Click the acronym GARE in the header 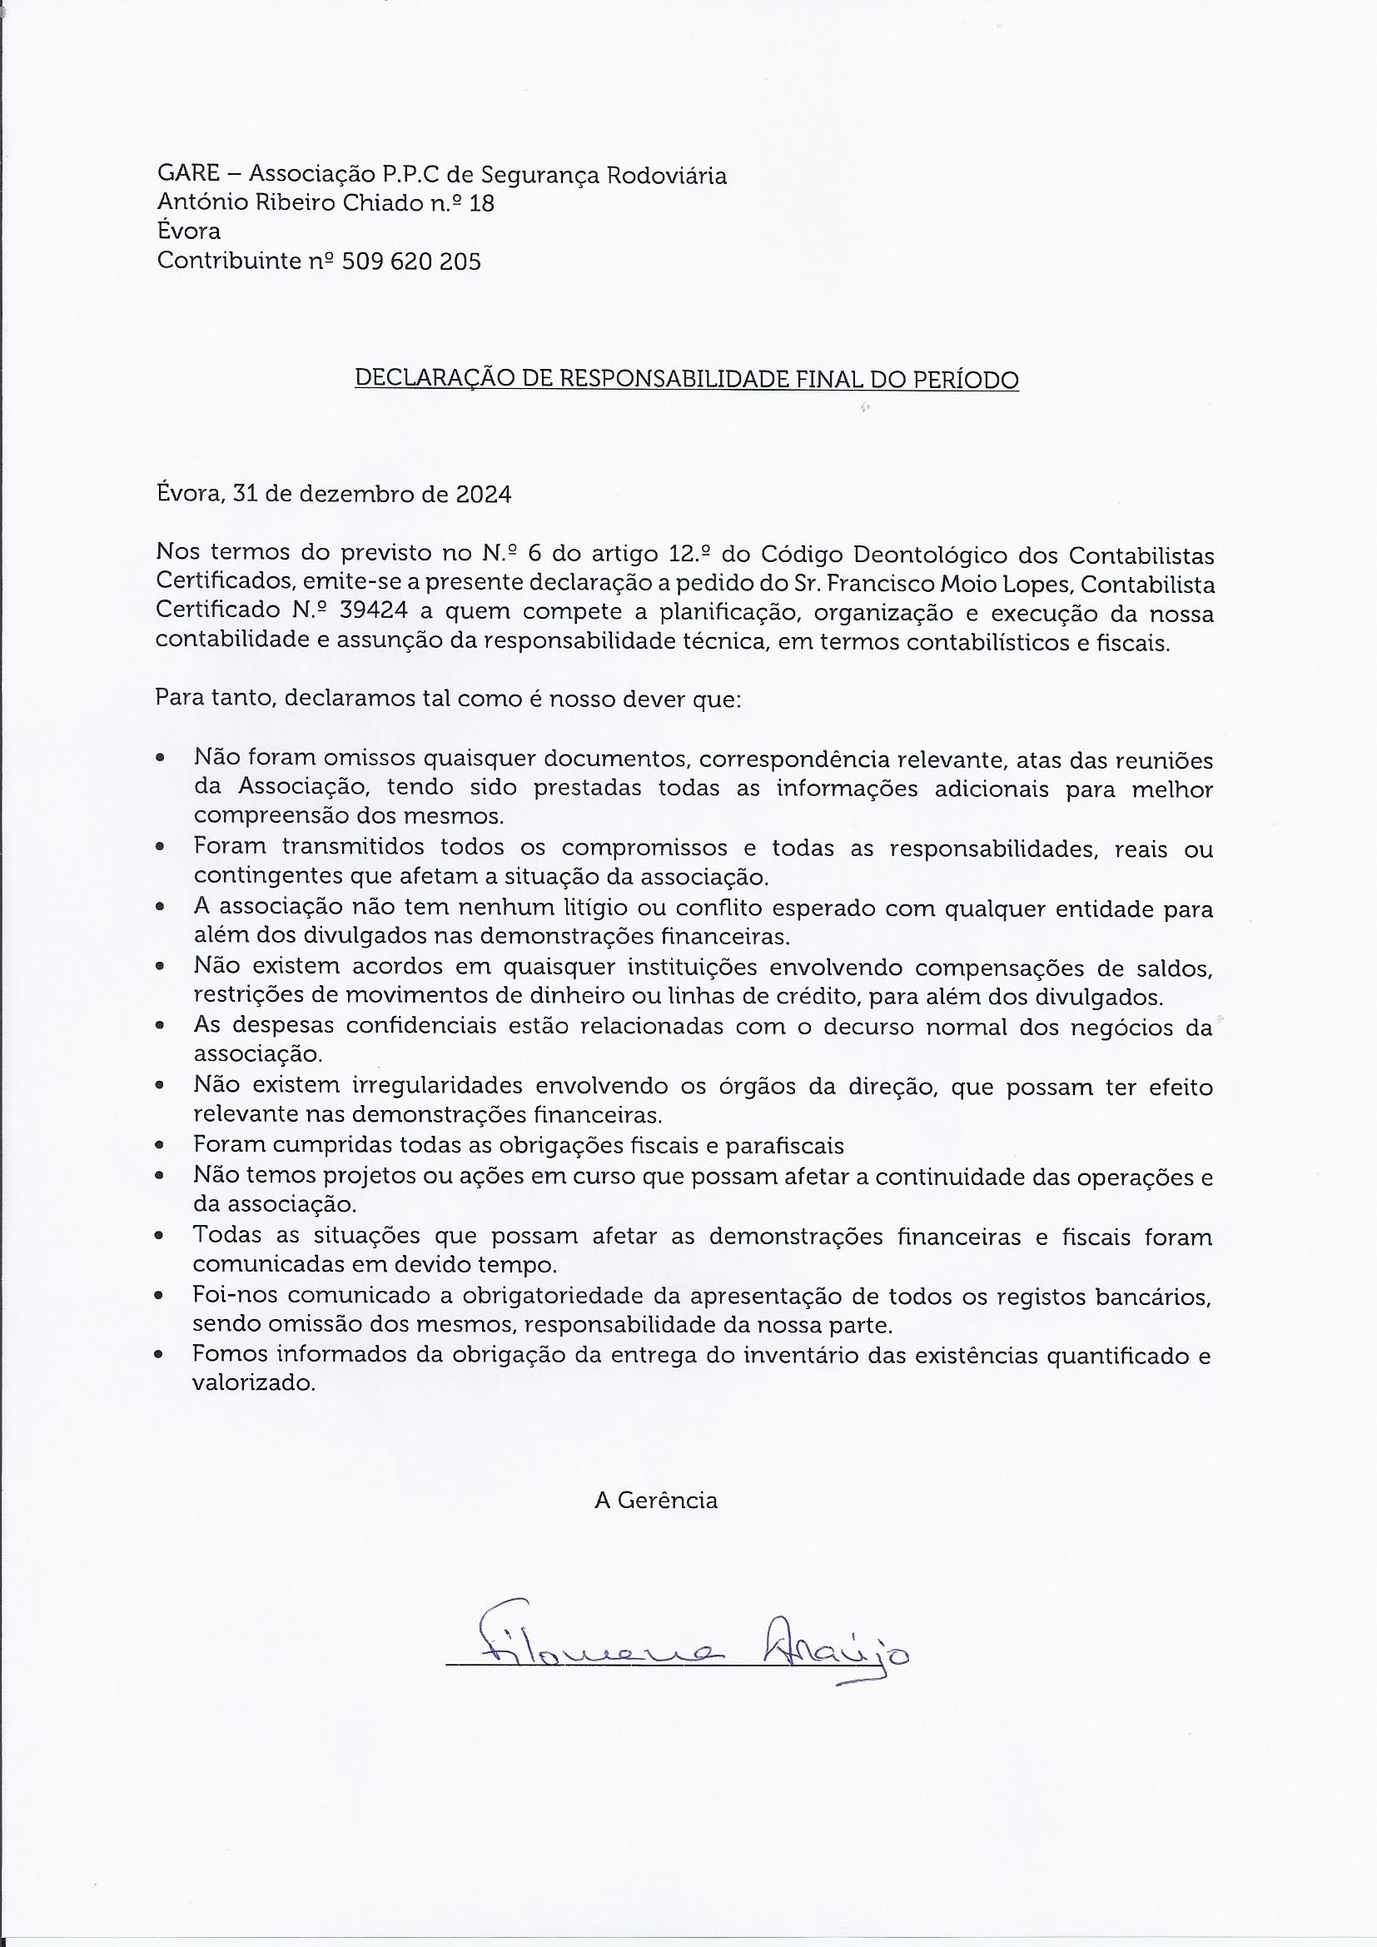186,176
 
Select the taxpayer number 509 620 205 411,262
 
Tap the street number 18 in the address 480,204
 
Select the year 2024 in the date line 484,495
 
